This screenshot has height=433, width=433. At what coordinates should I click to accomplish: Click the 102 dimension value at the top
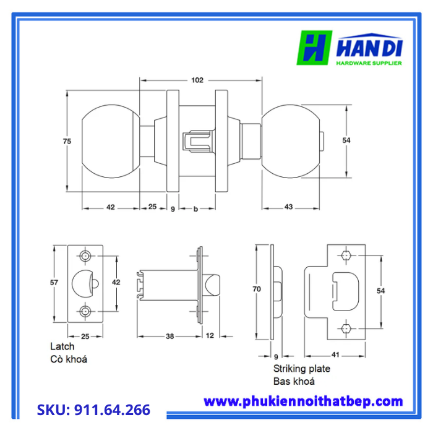pyautogui.click(x=197, y=80)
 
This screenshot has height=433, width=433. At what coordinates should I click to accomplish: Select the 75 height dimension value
pyautogui.click(x=67, y=141)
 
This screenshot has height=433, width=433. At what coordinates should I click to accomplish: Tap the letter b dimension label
pyautogui.click(x=195, y=209)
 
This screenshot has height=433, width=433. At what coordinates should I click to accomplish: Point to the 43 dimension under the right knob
pyautogui.click(x=288, y=207)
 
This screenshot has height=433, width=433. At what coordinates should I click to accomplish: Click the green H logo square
pyautogui.click(x=314, y=48)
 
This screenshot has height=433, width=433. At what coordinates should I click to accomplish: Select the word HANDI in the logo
pyautogui.click(x=369, y=49)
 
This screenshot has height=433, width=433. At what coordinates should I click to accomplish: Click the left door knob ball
pyautogui.click(x=111, y=141)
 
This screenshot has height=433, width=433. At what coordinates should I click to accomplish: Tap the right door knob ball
pyautogui.click(x=291, y=141)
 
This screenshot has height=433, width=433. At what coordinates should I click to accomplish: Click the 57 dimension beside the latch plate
pyautogui.click(x=54, y=283)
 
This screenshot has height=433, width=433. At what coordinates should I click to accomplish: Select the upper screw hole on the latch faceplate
pyautogui.click(x=85, y=256)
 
